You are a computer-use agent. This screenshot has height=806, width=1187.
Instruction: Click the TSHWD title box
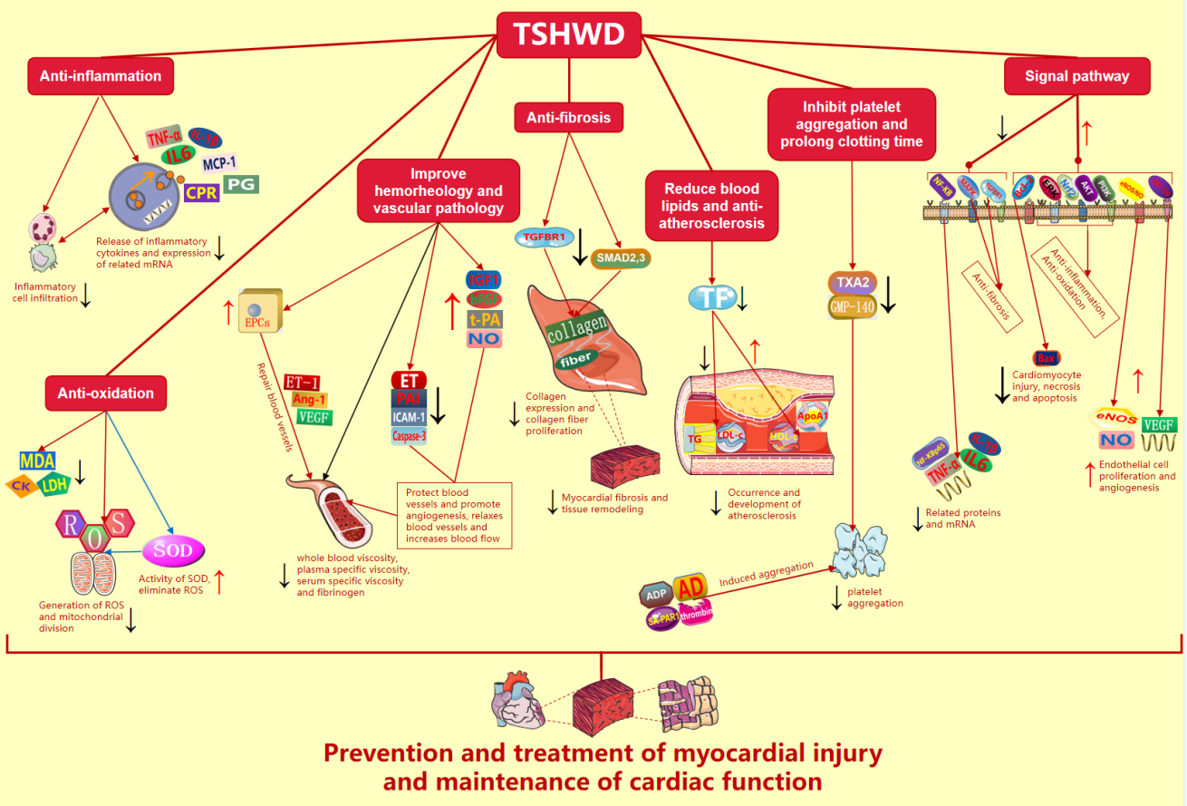pyautogui.click(x=569, y=34)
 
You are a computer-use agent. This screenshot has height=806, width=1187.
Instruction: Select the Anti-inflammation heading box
pyautogui.click(x=101, y=76)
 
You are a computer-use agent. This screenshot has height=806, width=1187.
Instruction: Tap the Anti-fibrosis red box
pyautogui.click(x=568, y=117)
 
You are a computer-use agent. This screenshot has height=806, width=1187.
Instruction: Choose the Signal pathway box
pyautogui.click(x=1076, y=76)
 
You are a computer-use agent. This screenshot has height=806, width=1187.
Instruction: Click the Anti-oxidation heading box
pyautogui.click(x=106, y=393)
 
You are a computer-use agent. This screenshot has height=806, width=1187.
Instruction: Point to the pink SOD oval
pyautogui.click(x=174, y=550)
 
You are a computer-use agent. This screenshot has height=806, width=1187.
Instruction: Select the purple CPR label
pyautogui.click(x=201, y=192)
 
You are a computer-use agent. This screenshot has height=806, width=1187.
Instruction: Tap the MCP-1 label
pyautogui.click(x=219, y=163)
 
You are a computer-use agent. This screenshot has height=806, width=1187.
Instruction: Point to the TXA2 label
pyautogui.click(x=853, y=282)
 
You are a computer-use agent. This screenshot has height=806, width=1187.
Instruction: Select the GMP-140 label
pyautogui.click(x=853, y=307)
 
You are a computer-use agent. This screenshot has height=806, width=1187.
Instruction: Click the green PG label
pyautogui.click(x=242, y=184)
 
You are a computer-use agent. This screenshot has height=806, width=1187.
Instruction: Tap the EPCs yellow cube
pyautogui.click(x=260, y=308)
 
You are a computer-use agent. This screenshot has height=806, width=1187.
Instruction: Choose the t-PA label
pyautogui.click(x=485, y=319)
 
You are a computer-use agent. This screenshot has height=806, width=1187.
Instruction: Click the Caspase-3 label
pyautogui.click(x=409, y=436)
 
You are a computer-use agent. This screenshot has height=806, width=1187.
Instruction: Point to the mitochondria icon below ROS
pyautogui.click(x=93, y=573)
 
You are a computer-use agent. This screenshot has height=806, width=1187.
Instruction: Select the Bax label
pyautogui.click(x=1047, y=359)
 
